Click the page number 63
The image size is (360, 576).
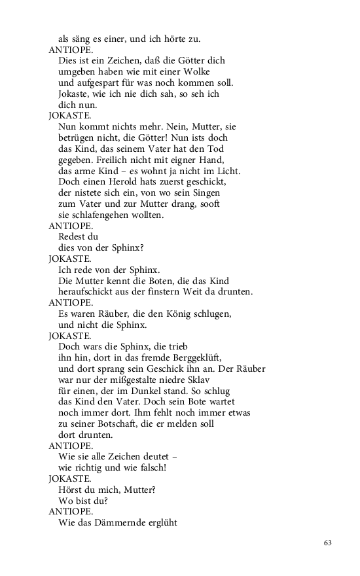coord(328,543)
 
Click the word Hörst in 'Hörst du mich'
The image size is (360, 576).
coord(71,490)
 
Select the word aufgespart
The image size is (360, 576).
coord(99,82)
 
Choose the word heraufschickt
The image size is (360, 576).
coord(90,291)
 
